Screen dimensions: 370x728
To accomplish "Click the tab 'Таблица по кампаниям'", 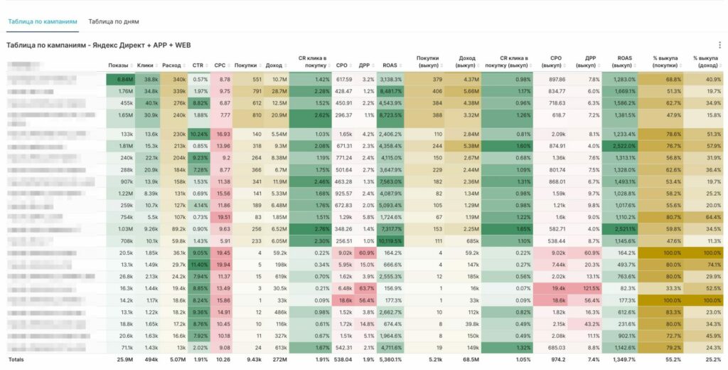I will (42, 21).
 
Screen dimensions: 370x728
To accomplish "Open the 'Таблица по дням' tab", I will (114, 21).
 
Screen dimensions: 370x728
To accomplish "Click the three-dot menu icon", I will (719, 45).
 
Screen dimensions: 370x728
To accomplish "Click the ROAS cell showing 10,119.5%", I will (390, 241).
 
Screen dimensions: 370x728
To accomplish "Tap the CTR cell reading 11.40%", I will (200, 264).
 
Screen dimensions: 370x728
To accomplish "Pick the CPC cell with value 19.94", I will (223, 264).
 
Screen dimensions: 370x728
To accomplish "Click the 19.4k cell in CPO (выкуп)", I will (557, 287).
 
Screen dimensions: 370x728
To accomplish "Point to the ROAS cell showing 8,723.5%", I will (390, 115).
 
